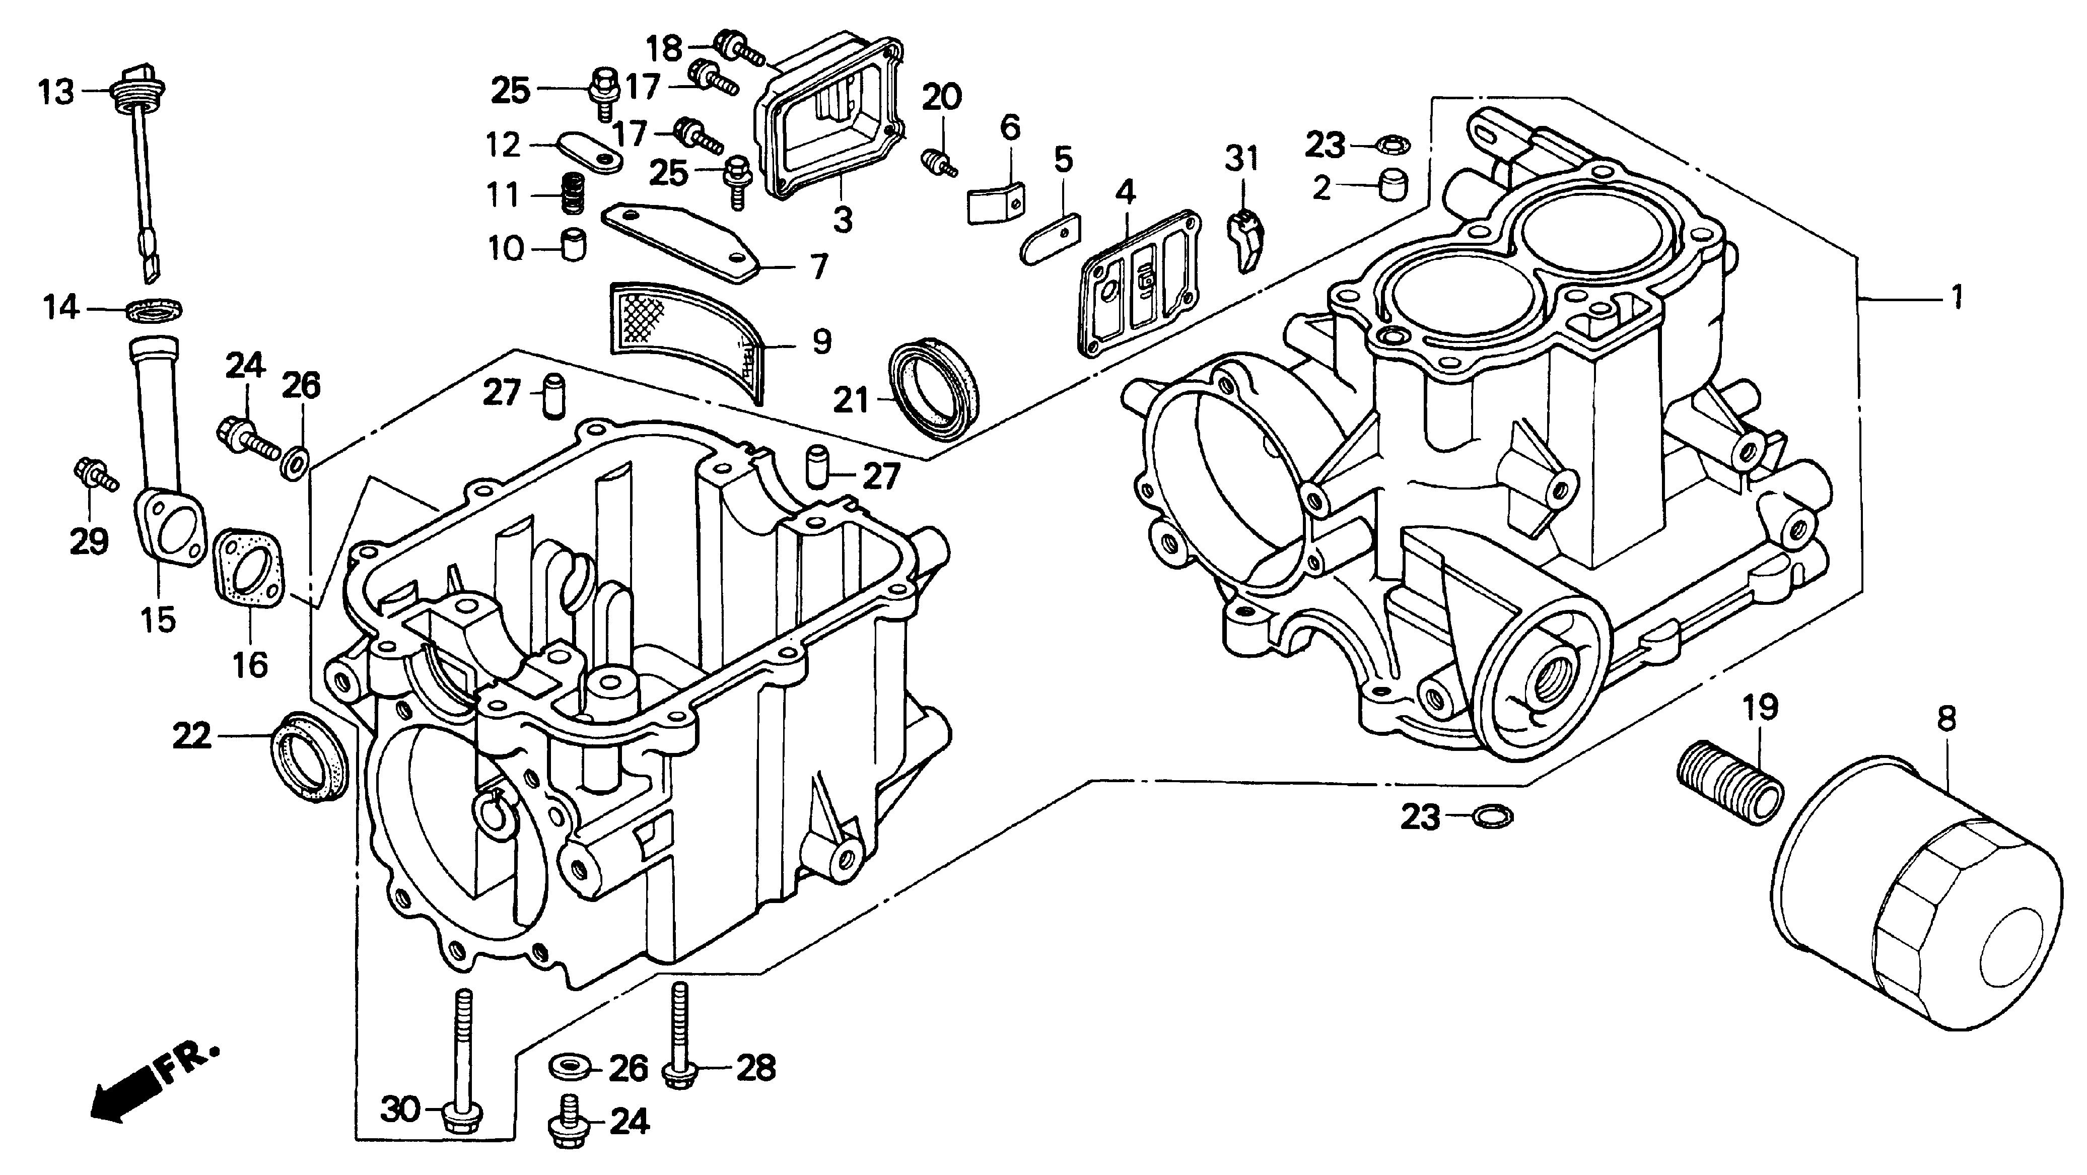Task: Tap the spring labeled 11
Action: pos(574,194)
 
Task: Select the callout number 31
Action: pos(1241,159)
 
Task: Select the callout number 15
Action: pos(158,620)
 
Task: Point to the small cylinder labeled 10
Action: pos(574,245)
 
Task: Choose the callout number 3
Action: pos(843,218)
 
